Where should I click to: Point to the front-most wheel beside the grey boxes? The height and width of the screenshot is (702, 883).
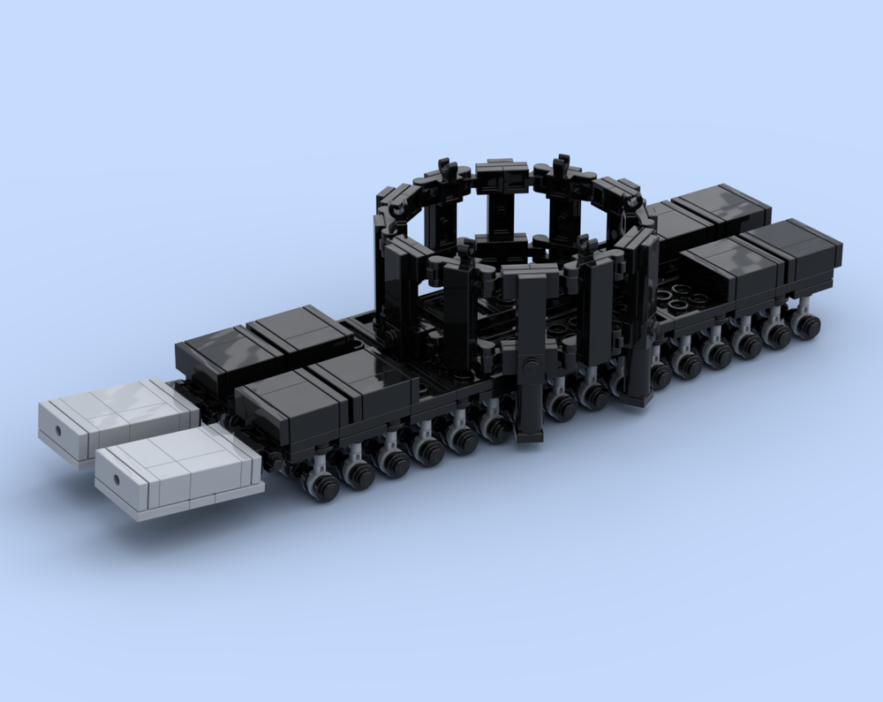point(322,486)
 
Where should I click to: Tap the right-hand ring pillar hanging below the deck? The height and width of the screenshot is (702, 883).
point(638,371)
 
